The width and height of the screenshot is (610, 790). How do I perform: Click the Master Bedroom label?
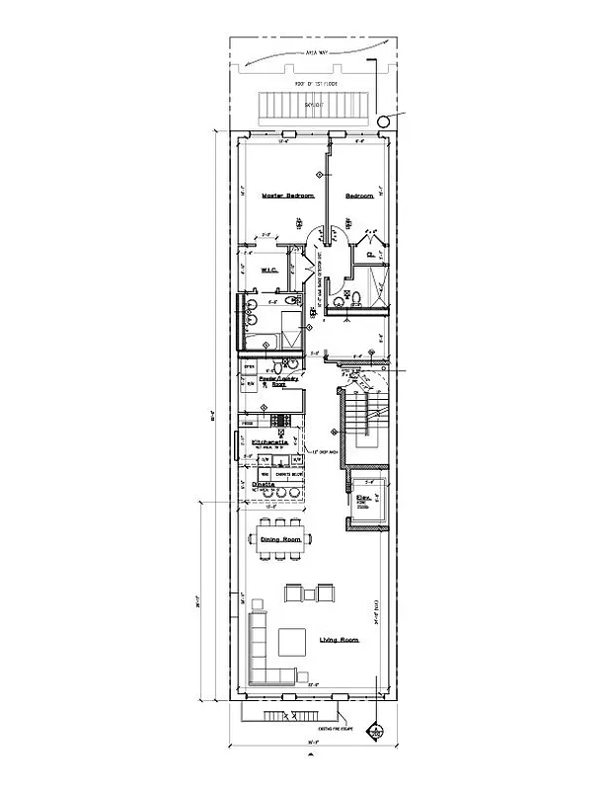[287, 197]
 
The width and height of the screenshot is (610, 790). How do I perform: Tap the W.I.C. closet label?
[267, 270]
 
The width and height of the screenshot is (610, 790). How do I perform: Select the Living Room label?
[339, 640]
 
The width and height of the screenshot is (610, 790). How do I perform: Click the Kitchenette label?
[269, 441]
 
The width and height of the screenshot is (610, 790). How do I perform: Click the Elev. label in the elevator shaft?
[363, 498]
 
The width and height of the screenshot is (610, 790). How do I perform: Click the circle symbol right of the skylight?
[382, 120]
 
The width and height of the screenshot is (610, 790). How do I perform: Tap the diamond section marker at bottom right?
[375, 733]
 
